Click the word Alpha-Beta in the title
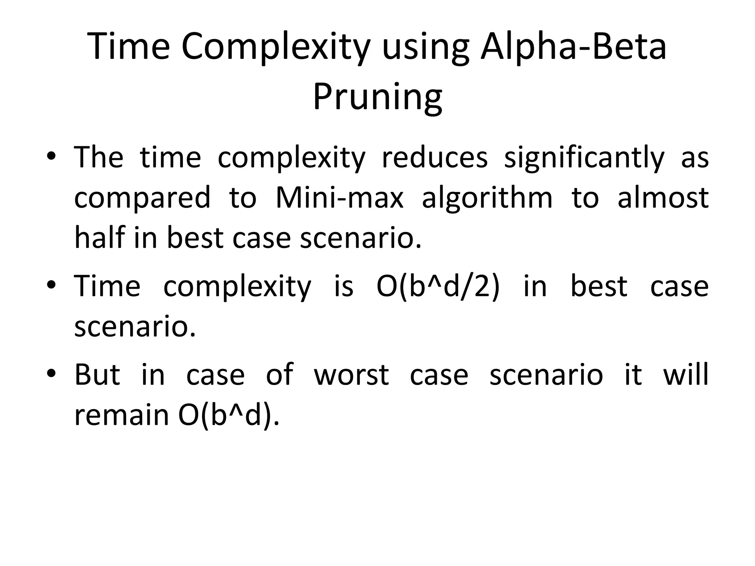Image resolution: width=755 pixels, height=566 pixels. coord(573,47)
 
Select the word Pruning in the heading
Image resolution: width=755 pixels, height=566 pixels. coord(377,97)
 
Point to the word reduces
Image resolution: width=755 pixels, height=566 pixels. coord(435,157)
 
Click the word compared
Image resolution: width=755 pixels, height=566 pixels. coord(142,198)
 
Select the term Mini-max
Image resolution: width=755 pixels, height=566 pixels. coord(340,198)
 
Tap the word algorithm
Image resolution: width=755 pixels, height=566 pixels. coord(487,198)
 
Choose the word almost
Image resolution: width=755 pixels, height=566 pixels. coord(663,198)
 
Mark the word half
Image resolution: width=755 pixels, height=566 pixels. coord(100,237)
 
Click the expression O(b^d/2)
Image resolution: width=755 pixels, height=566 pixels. coord(438,287)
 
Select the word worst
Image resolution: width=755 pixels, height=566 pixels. coord(351,375)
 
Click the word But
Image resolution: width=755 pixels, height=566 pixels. coord(97,375)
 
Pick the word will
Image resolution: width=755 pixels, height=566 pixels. coord(686,374)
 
